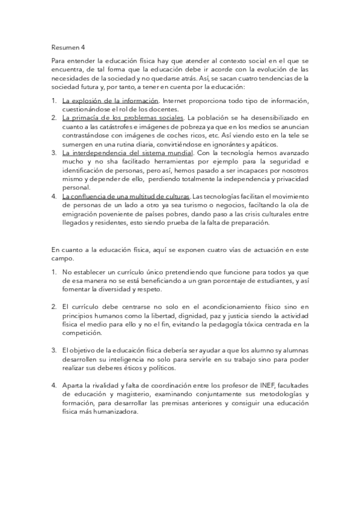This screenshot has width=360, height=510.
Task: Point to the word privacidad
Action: click(x=289, y=179)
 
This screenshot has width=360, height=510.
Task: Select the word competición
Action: click(x=82, y=333)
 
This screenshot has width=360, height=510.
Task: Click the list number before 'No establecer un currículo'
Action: click(x=53, y=272)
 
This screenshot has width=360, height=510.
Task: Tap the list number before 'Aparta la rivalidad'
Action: click(x=53, y=386)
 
